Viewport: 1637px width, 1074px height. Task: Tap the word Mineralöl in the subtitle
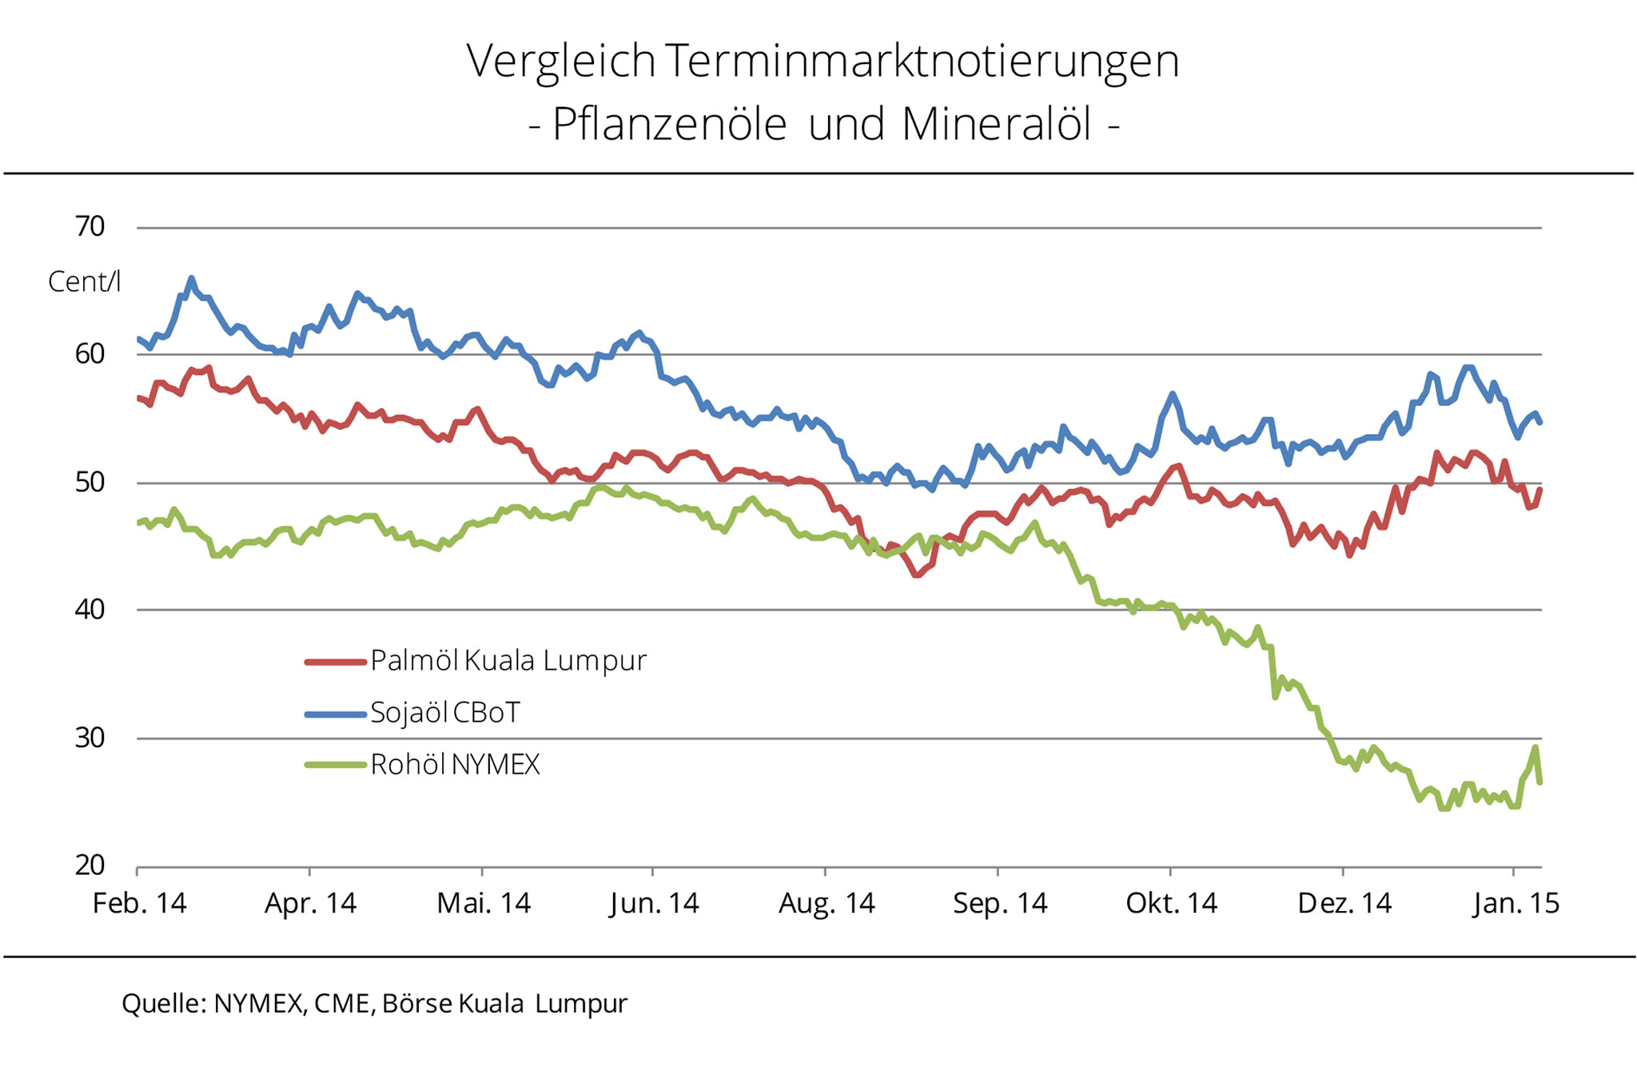(996, 125)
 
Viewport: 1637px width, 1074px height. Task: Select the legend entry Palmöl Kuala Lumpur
(508, 661)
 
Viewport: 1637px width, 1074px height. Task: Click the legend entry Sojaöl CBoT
(445, 712)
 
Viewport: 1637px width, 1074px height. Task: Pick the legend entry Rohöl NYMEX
(455, 765)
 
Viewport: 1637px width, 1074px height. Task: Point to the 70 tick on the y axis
(90, 227)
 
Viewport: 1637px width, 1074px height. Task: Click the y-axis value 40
(90, 610)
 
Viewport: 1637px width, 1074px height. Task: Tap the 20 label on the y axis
(90, 865)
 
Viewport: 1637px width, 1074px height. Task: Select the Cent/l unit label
(84, 281)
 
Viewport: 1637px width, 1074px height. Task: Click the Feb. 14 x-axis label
(140, 904)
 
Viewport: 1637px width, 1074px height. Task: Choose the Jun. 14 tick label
(654, 904)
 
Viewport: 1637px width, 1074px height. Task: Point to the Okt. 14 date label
(1171, 904)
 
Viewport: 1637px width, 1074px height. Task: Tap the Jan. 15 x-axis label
(1516, 904)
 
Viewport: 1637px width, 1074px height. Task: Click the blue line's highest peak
(191, 279)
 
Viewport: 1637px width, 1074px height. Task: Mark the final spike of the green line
(1535, 748)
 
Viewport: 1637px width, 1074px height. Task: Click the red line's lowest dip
(916, 574)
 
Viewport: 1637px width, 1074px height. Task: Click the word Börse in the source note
(417, 1004)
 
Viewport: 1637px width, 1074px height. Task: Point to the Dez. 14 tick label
(1344, 904)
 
